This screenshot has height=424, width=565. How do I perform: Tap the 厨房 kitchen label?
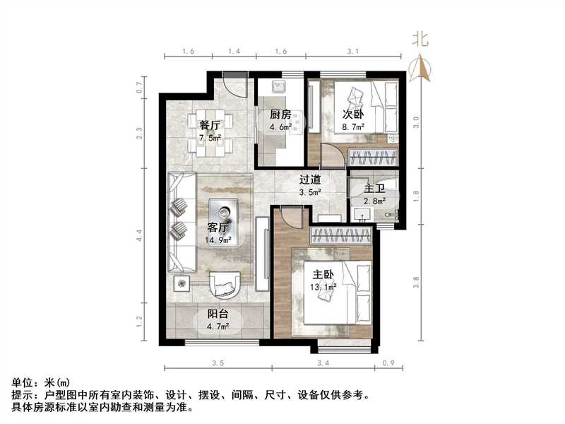point(280,115)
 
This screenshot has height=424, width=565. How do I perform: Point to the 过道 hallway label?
point(310,180)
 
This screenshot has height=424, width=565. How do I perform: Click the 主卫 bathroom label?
point(374,189)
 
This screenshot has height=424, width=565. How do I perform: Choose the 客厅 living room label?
point(218,228)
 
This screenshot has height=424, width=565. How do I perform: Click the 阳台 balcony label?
point(218,314)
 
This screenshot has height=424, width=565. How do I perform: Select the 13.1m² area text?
point(321,288)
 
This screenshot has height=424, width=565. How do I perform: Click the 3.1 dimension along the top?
point(354,52)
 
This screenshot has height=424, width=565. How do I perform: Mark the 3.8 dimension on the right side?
point(417,284)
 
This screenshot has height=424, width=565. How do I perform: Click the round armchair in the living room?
point(227,284)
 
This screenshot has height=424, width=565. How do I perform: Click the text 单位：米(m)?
point(41,382)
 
